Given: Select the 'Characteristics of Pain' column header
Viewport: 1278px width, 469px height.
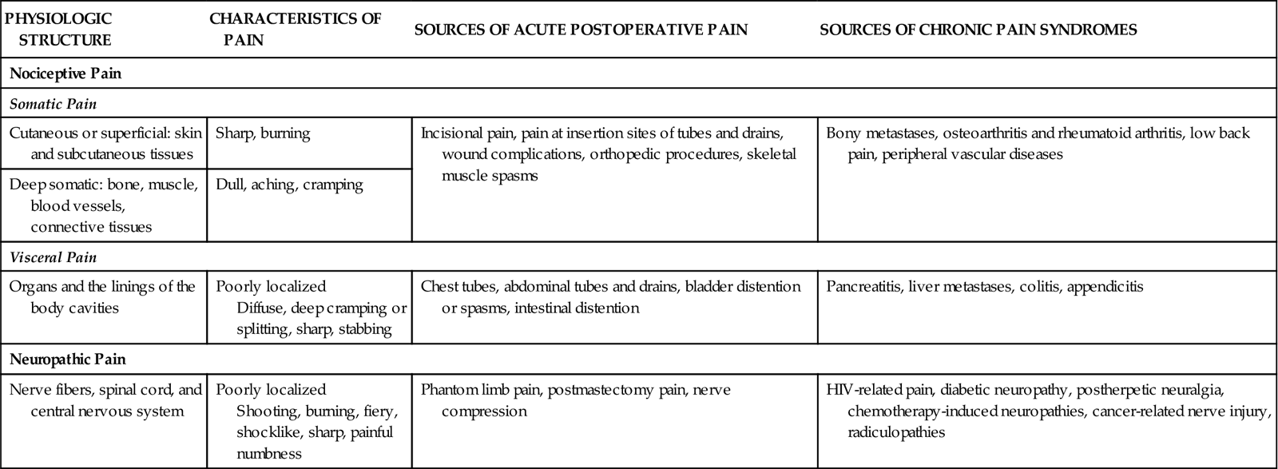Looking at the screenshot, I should tap(296, 29).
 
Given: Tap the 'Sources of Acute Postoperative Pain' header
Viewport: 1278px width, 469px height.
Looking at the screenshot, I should tap(581, 30).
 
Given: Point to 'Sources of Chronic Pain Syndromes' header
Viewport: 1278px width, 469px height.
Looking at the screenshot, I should tap(978, 30).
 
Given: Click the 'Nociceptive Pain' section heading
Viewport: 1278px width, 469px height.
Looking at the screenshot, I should tap(65, 74).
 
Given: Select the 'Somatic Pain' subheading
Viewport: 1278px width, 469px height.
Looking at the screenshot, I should tap(54, 104).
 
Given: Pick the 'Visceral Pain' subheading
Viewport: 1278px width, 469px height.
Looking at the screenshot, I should tap(54, 257).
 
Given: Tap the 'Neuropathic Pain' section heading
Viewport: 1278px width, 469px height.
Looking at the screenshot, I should tap(68, 360).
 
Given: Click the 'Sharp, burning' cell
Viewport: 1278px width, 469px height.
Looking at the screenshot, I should tap(263, 133).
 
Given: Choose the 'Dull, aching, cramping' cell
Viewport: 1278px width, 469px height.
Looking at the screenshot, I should tap(289, 185).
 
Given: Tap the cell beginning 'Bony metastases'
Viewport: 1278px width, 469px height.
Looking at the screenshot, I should tap(1038, 144).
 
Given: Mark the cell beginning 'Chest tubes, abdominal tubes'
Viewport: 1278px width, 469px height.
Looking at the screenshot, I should tap(610, 296).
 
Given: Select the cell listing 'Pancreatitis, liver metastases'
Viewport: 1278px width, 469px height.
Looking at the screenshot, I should tap(985, 287).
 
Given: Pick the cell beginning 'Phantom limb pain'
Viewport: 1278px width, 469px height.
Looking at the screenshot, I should tap(575, 400).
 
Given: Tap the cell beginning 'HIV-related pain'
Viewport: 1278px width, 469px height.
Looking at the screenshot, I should tap(1046, 411).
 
